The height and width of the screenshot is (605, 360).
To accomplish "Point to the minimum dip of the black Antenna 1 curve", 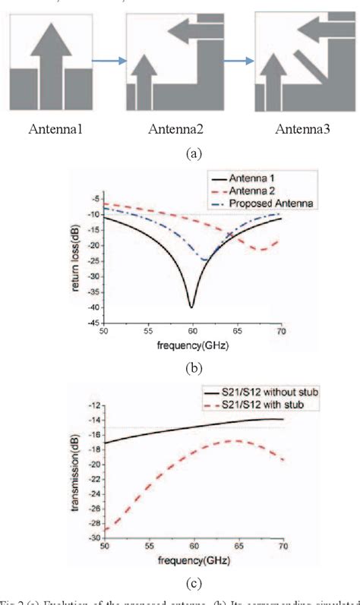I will pyautogui.click(x=191, y=306).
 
